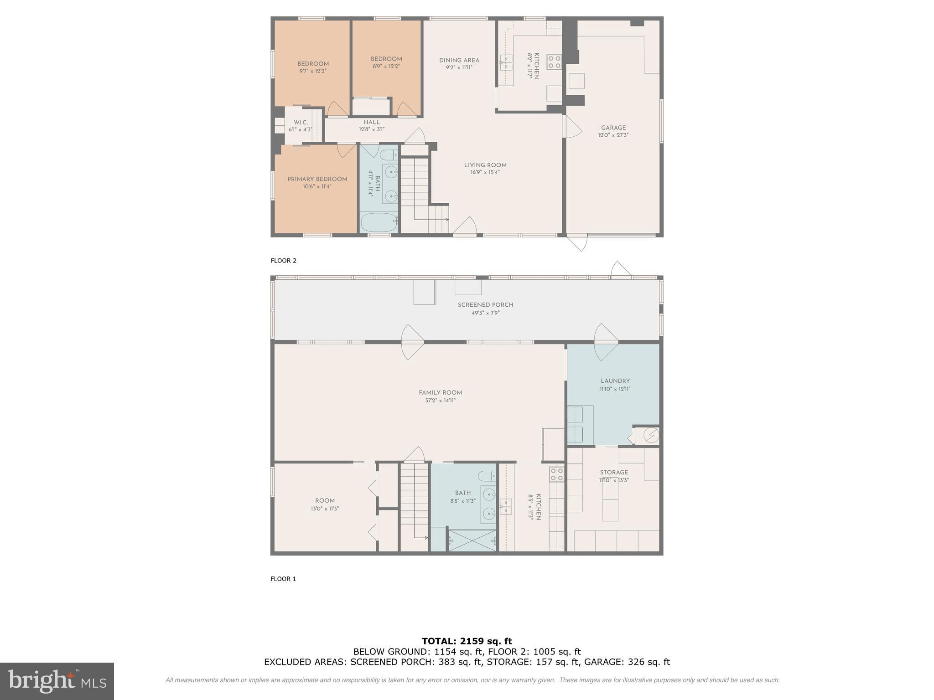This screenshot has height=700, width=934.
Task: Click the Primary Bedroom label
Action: (317, 179)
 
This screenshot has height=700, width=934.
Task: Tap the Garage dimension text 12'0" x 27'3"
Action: (613, 135)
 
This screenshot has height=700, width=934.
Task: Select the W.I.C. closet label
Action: (301, 122)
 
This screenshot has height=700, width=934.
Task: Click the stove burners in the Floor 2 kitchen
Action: (554, 62)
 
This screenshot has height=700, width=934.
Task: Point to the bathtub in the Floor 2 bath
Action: (379, 223)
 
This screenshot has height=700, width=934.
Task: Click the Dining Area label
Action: (459, 60)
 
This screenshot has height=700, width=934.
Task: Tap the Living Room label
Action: (485, 165)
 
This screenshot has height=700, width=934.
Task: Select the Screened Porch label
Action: (485, 304)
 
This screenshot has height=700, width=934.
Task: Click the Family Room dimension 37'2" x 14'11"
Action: (440, 401)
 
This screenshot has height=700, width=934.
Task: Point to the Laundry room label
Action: (615, 381)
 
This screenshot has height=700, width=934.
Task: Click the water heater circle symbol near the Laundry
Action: (651, 436)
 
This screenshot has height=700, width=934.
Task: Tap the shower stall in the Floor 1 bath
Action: (472, 540)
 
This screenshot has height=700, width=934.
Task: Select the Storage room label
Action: (614, 472)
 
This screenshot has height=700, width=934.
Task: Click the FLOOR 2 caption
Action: (283, 261)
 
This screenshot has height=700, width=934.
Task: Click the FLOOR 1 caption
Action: (283, 579)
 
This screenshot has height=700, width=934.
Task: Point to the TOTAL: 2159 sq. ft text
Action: (467, 641)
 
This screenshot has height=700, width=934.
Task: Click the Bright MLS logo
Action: (57, 681)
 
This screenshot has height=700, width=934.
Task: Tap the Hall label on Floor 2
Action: (371, 122)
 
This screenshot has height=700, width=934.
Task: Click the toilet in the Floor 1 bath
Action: (487, 476)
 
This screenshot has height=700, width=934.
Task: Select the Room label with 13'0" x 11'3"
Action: (325, 500)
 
